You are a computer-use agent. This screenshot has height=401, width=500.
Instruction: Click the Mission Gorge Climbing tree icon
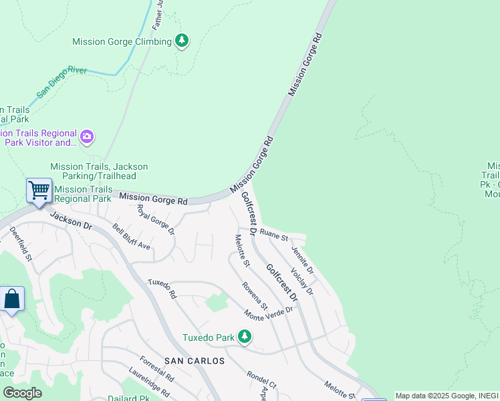[181, 41]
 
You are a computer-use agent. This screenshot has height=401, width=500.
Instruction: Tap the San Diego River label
[62, 82]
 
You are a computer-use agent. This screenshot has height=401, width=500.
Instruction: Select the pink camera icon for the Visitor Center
[87, 137]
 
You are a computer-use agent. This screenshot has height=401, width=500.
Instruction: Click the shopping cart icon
[39, 190]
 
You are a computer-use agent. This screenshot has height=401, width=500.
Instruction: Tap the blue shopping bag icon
[12, 299]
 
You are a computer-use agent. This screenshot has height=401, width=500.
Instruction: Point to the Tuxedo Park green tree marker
[245, 338]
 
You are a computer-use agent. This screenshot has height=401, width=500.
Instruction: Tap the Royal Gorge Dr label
[155, 220]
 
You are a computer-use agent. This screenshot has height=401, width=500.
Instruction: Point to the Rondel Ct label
[261, 383]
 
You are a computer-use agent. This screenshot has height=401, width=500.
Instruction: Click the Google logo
[22, 393]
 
